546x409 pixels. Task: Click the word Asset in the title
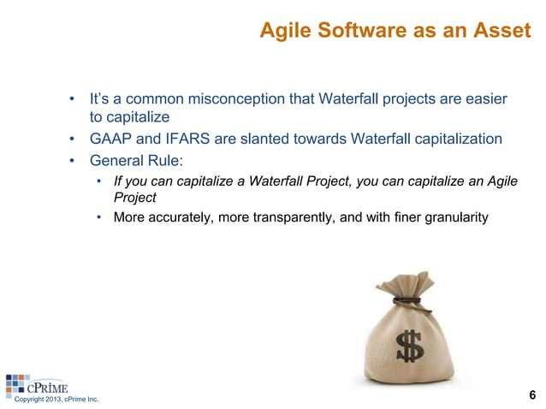point(505,33)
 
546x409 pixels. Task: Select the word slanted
point(261,139)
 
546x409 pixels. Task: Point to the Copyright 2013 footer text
point(51,400)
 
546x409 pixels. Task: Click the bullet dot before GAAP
point(74,139)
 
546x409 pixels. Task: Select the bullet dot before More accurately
point(99,218)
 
